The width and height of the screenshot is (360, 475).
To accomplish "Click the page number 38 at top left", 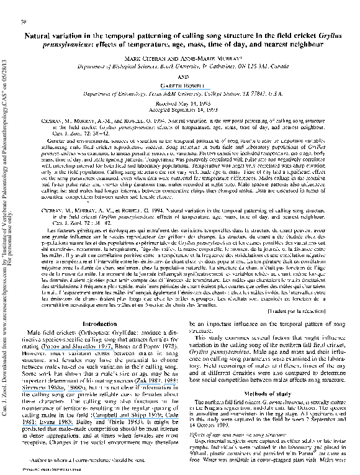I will [23, 22].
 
